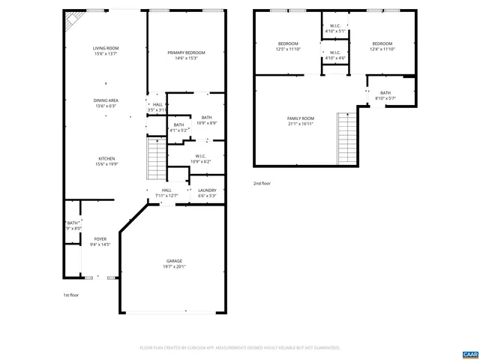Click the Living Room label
pos(106,50)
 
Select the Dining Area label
pos(106,103)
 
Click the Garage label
pos(175,264)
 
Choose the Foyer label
pos(100,241)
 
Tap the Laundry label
pos(207,193)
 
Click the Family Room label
pos(300,121)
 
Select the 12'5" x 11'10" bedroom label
pos(288,46)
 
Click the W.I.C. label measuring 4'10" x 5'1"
pos(335,29)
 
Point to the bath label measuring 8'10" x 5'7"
pos(385,95)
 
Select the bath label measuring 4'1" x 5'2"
pos(178,127)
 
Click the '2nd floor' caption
pos(262,183)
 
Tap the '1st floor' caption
pos(70,295)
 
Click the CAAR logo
pos(469,352)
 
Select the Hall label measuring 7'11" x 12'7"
pos(166,193)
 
